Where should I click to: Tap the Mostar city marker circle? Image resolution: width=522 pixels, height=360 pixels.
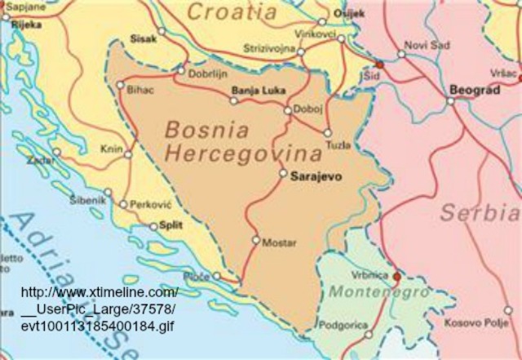coord(255,241)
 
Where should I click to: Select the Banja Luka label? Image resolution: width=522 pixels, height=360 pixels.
coord(256,90)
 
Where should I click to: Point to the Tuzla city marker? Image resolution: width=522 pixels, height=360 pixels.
coord(328,132)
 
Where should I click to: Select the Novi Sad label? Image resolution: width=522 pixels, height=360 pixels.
coord(427,44)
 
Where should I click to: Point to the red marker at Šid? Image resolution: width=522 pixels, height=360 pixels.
coord(379,64)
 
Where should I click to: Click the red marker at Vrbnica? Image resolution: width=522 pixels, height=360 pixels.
coord(396,277)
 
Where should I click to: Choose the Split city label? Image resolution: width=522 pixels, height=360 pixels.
coord(170,225)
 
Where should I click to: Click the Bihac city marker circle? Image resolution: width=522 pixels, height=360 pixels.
coord(121,85)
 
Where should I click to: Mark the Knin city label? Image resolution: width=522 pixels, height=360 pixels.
coord(109,149)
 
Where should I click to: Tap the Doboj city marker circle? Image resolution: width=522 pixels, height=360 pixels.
coord(287,110)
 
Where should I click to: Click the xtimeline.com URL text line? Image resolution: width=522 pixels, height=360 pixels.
coord(99,293)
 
